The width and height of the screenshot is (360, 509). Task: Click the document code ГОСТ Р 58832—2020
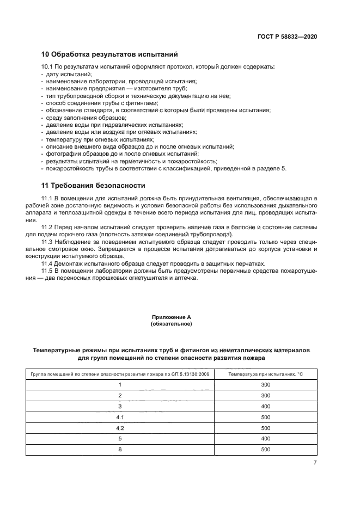(287, 36)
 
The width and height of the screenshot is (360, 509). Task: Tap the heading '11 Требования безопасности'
(93, 185)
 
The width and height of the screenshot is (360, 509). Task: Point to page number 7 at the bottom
(315, 462)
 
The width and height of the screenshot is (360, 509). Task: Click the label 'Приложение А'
(172, 316)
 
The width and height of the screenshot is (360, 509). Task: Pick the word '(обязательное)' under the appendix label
(172, 323)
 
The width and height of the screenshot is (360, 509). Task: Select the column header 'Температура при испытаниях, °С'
(265, 375)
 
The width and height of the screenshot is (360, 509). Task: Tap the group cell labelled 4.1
(120, 417)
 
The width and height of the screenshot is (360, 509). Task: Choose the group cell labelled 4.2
(120, 428)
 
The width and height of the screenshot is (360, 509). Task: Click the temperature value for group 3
(265, 406)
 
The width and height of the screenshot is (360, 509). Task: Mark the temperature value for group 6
(265, 450)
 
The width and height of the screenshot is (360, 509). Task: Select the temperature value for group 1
(265, 385)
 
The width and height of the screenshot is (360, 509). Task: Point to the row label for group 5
(120, 439)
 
